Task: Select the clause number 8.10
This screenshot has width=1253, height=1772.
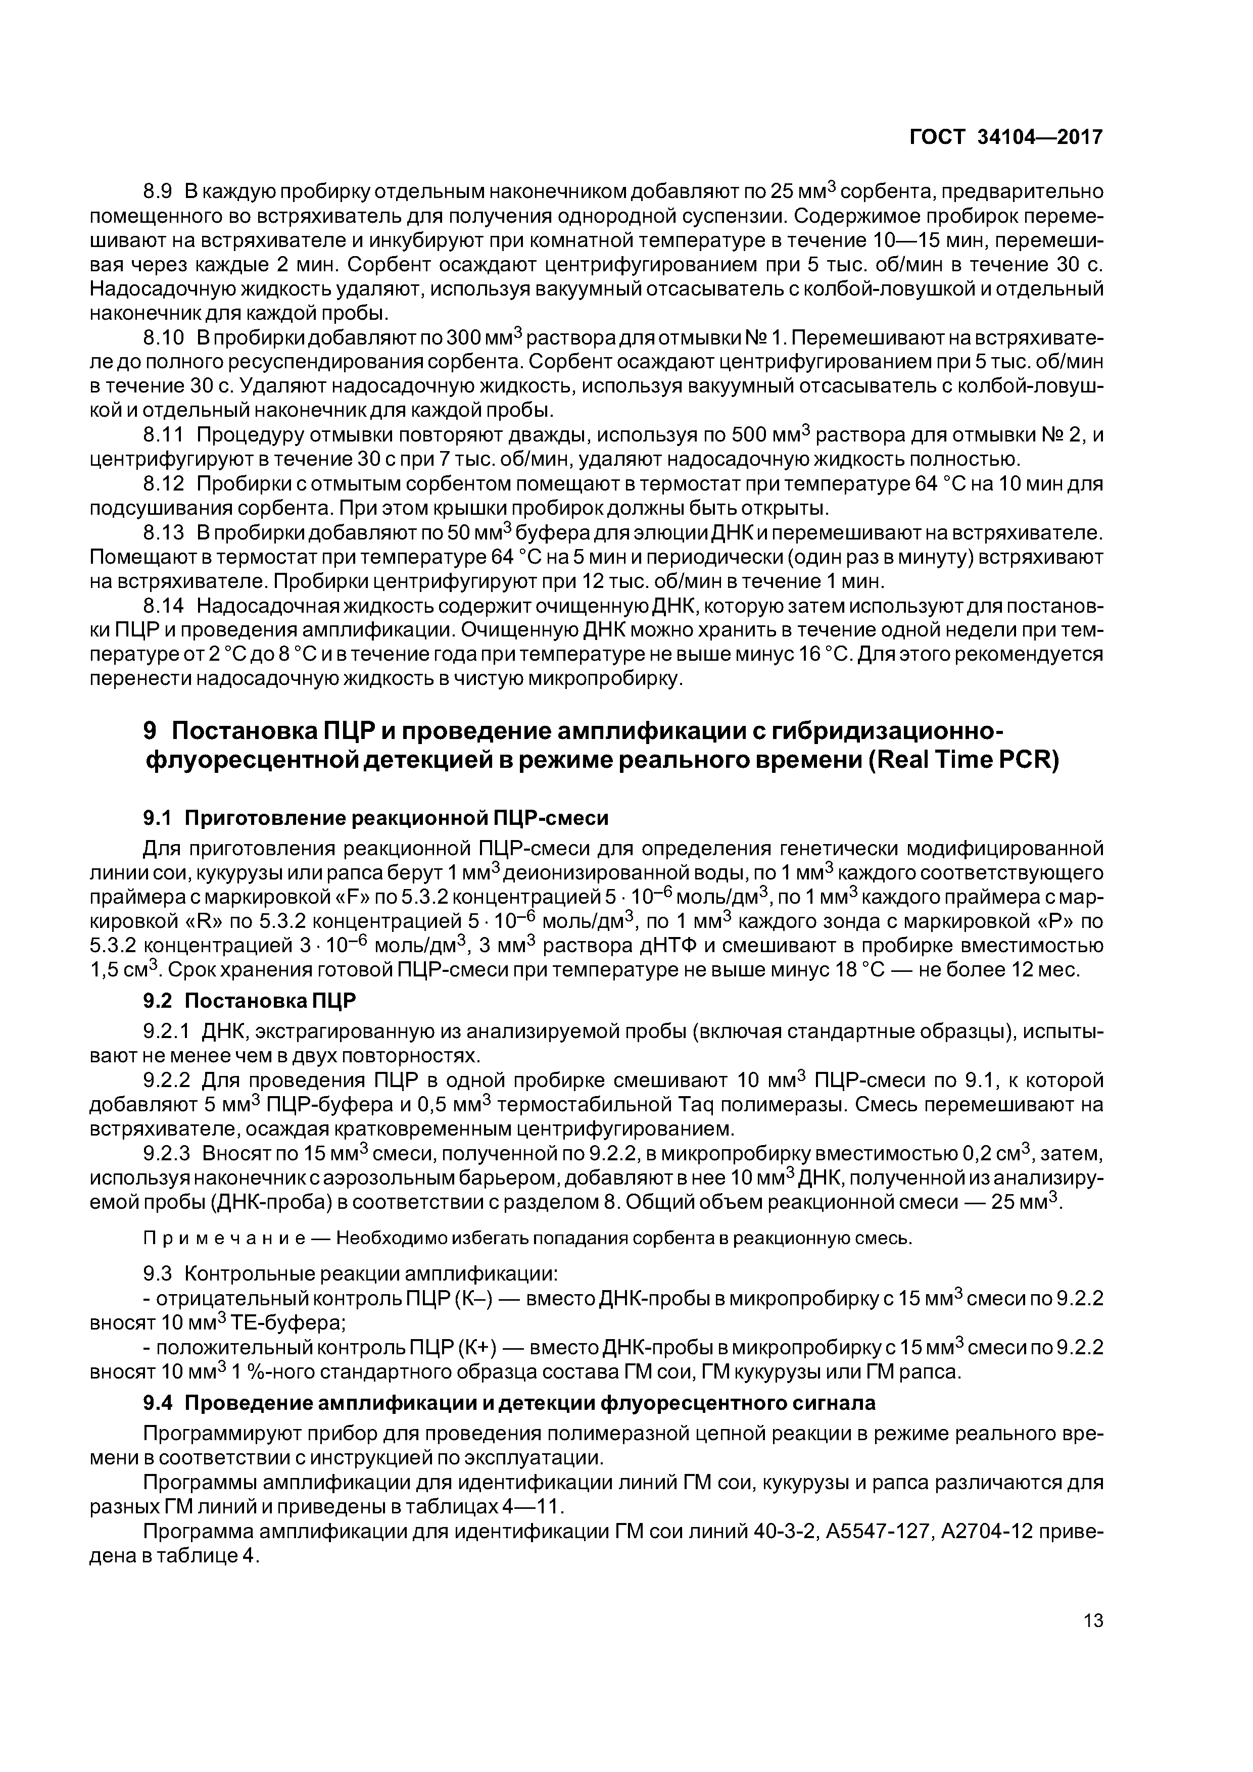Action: click(164, 338)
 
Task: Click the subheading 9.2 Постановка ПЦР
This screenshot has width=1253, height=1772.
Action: click(250, 1002)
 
